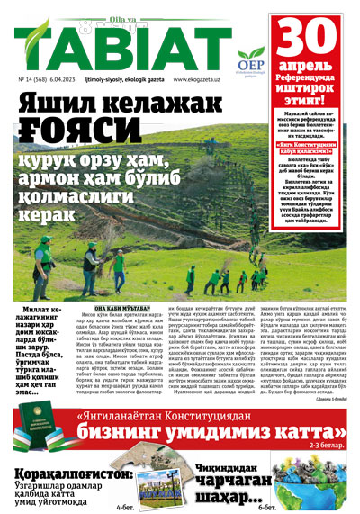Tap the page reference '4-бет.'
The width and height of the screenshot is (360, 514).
128,508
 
